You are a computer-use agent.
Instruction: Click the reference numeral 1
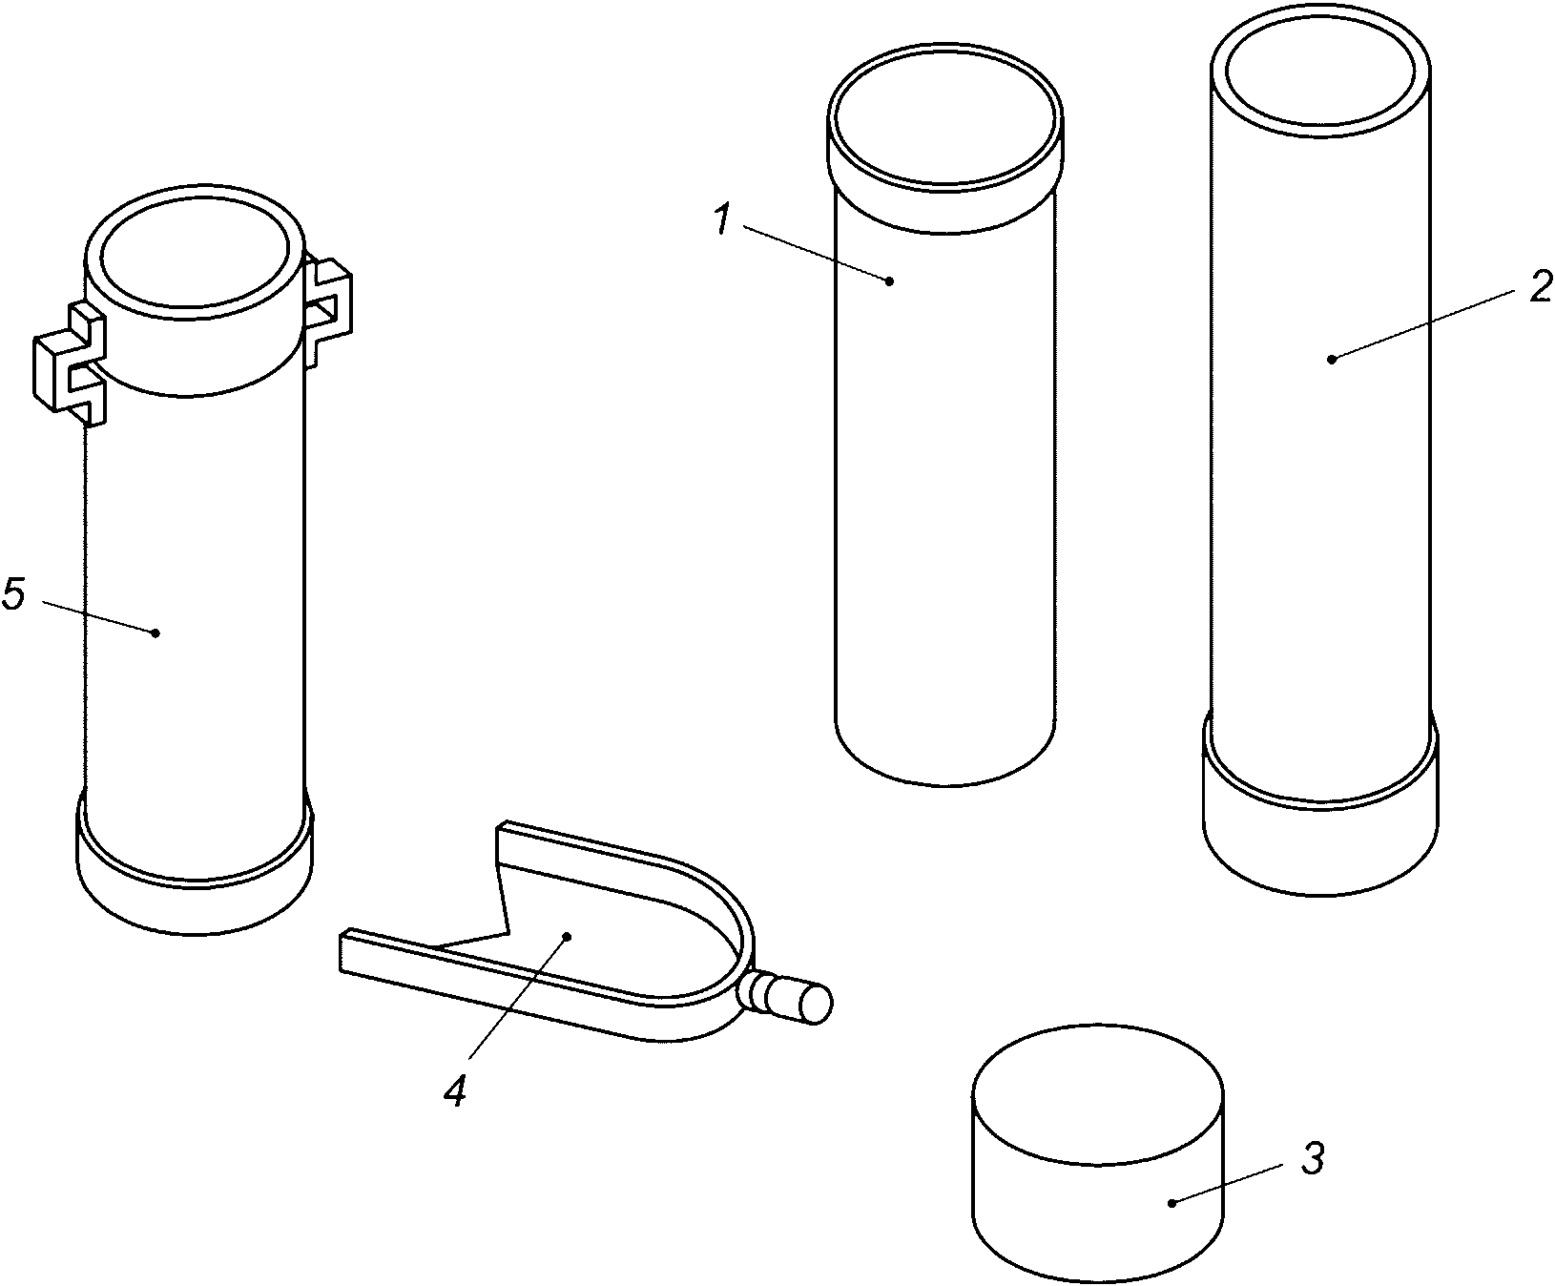[722, 220]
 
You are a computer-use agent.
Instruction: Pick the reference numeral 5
[13, 593]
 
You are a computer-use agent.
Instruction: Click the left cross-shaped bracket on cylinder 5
[70, 363]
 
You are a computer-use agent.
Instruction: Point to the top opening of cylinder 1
[944, 122]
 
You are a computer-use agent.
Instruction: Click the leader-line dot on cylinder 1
[890, 280]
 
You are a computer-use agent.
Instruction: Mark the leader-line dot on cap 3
[1172, 1204]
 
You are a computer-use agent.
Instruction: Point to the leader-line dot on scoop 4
[567, 937]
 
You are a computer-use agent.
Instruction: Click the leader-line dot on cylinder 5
[155, 633]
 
